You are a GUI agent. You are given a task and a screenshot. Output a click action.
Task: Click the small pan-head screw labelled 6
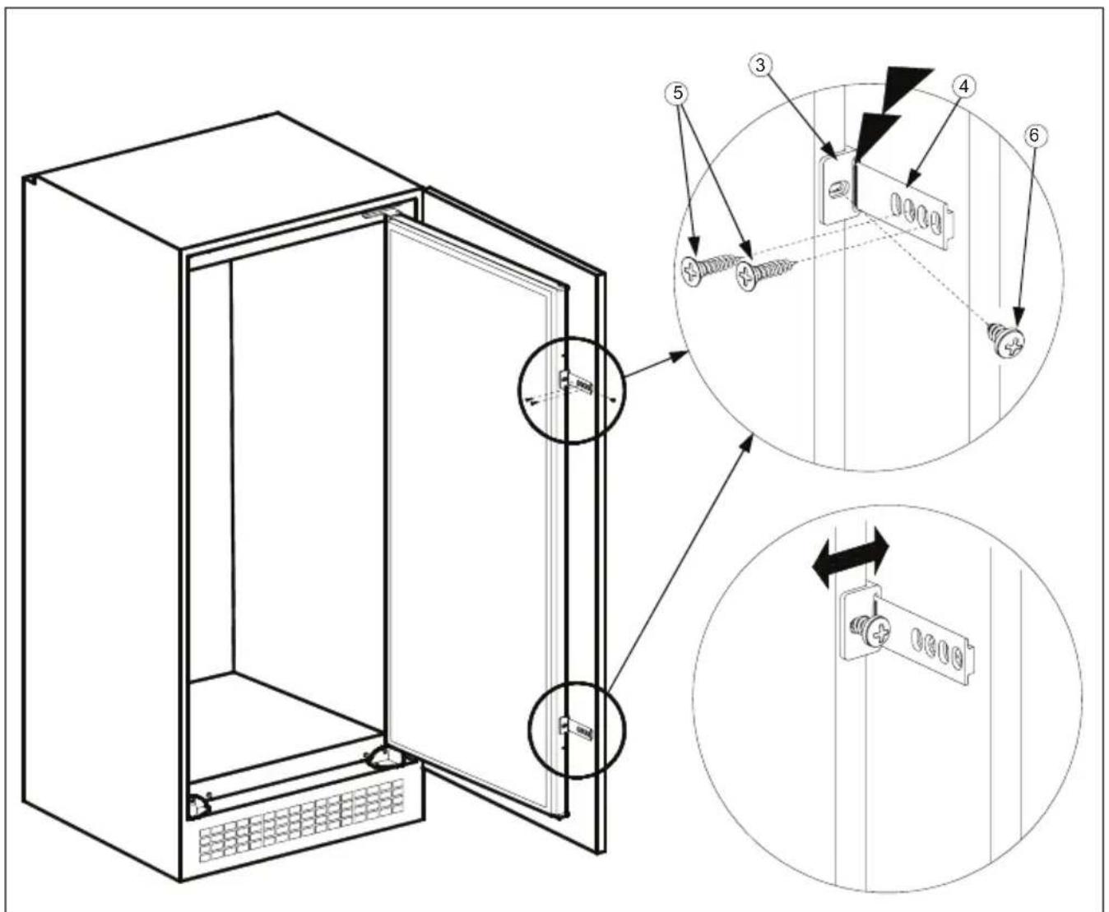[x=1008, y=339]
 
